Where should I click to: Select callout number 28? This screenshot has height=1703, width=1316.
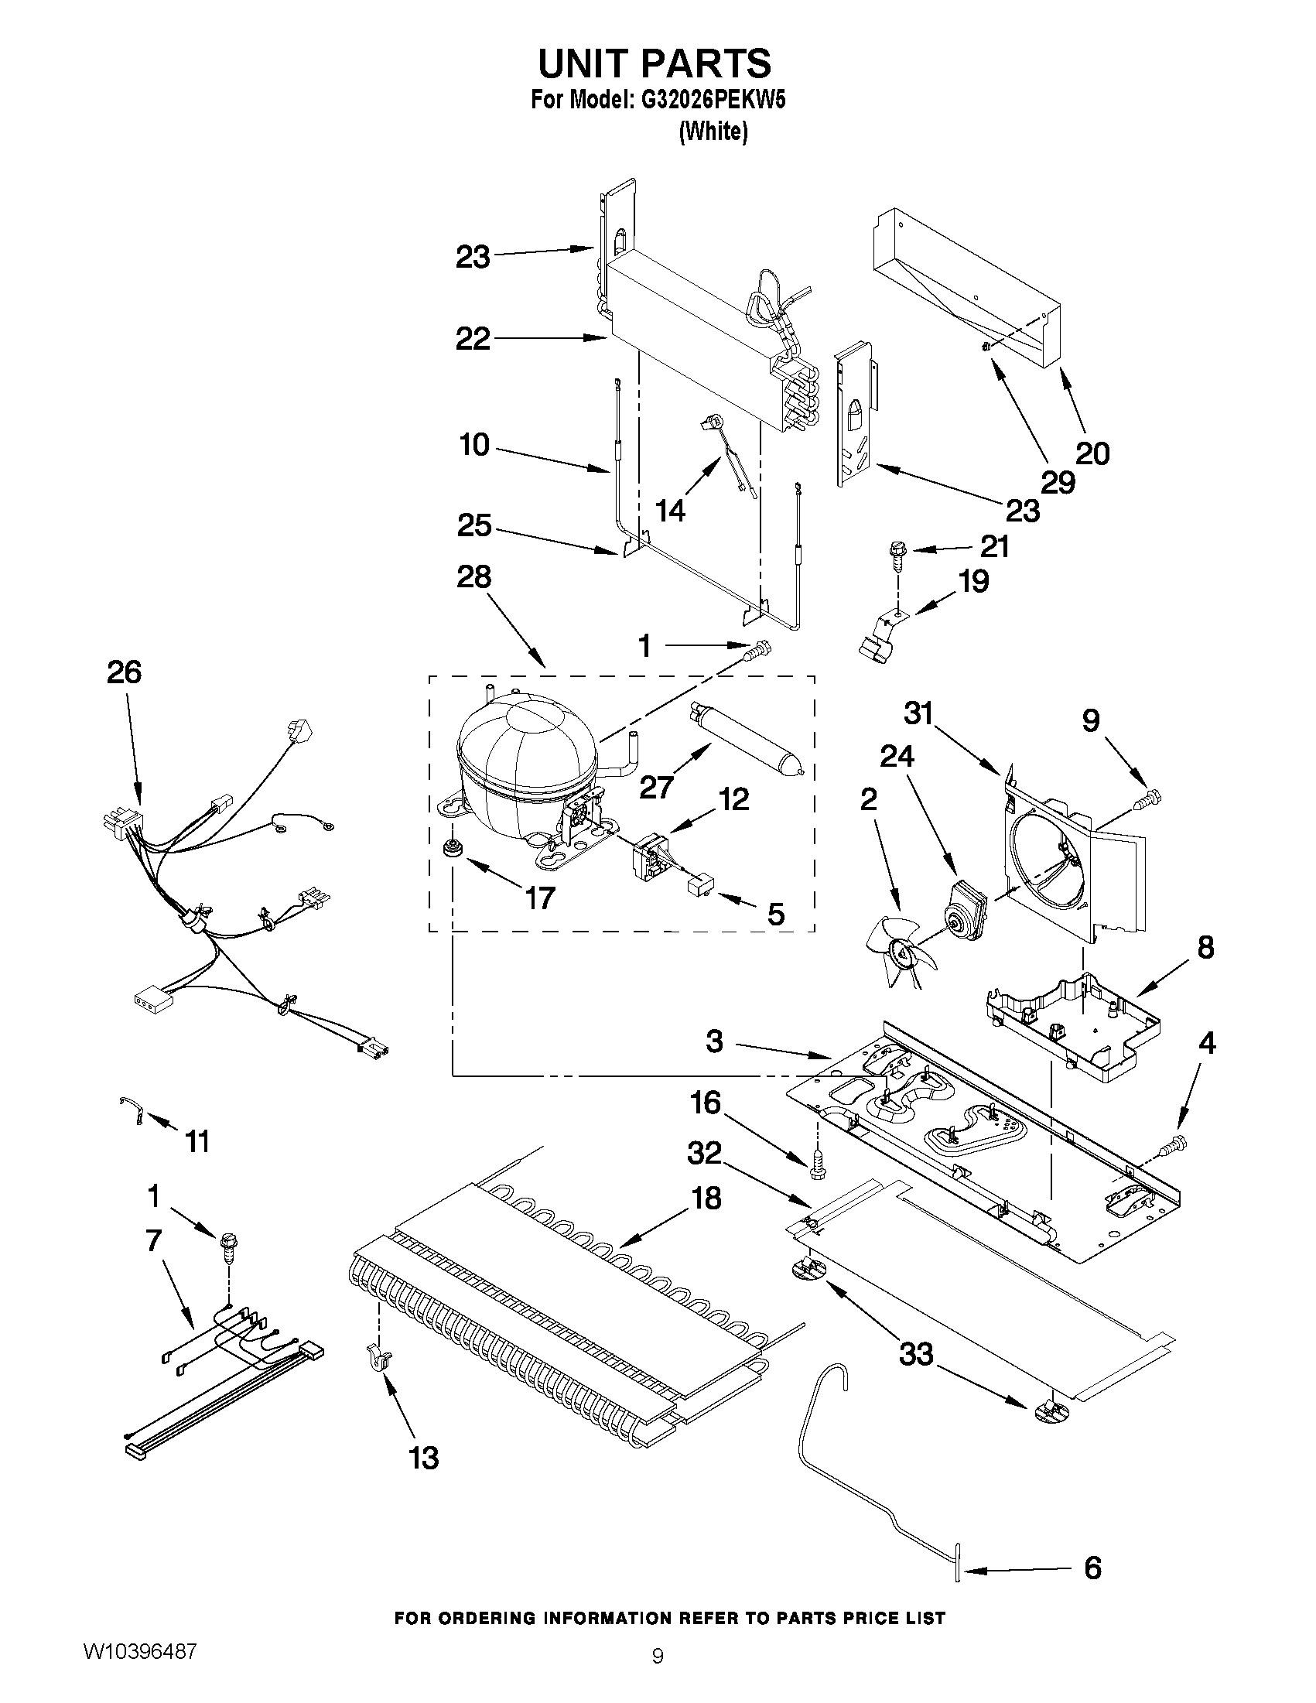pyautogui.click(x=474, y=577)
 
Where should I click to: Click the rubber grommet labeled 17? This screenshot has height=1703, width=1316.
pyautogui.click(x=450, y=849)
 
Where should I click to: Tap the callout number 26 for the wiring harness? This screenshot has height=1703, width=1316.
pyautogui.click(x=124, y=672)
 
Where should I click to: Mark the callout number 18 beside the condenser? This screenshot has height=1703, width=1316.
pyautogui.click(x=706, y=1198)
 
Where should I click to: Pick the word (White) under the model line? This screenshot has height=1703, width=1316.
pyautogui.click(x=713, y=132)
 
